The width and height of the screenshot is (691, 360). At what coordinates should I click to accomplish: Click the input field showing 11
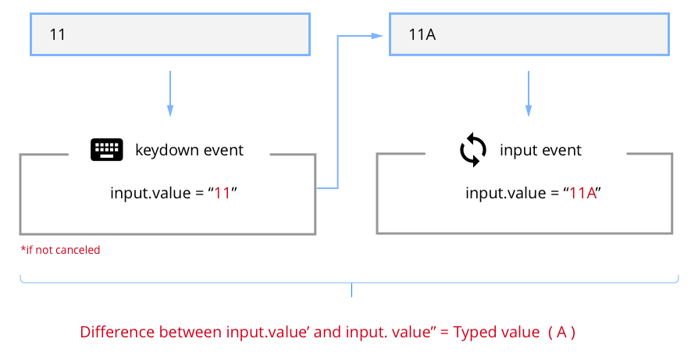pos(169,35)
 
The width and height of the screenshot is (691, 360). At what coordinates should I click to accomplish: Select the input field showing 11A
pos(529,35)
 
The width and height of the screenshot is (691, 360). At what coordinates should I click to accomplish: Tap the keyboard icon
pos(107,149)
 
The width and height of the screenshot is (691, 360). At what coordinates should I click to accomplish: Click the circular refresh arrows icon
pos(472,150)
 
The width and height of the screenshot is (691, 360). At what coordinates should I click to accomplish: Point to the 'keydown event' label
pos(189,150)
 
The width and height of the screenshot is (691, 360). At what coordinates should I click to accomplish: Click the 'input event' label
pos(540,150)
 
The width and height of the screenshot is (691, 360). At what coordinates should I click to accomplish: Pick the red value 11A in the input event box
pos(583,193)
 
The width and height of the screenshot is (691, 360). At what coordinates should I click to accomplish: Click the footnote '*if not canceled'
pos(60,251)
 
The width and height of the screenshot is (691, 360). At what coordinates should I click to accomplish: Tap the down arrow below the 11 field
pos(169,94)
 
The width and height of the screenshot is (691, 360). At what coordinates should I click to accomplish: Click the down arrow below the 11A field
pos(529,94)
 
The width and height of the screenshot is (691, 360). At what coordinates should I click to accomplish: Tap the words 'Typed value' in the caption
pos(497,332)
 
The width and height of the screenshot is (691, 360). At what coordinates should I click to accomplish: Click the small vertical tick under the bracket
pos(351,290)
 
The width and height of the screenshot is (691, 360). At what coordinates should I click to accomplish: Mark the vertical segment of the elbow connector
pos(337,111)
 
